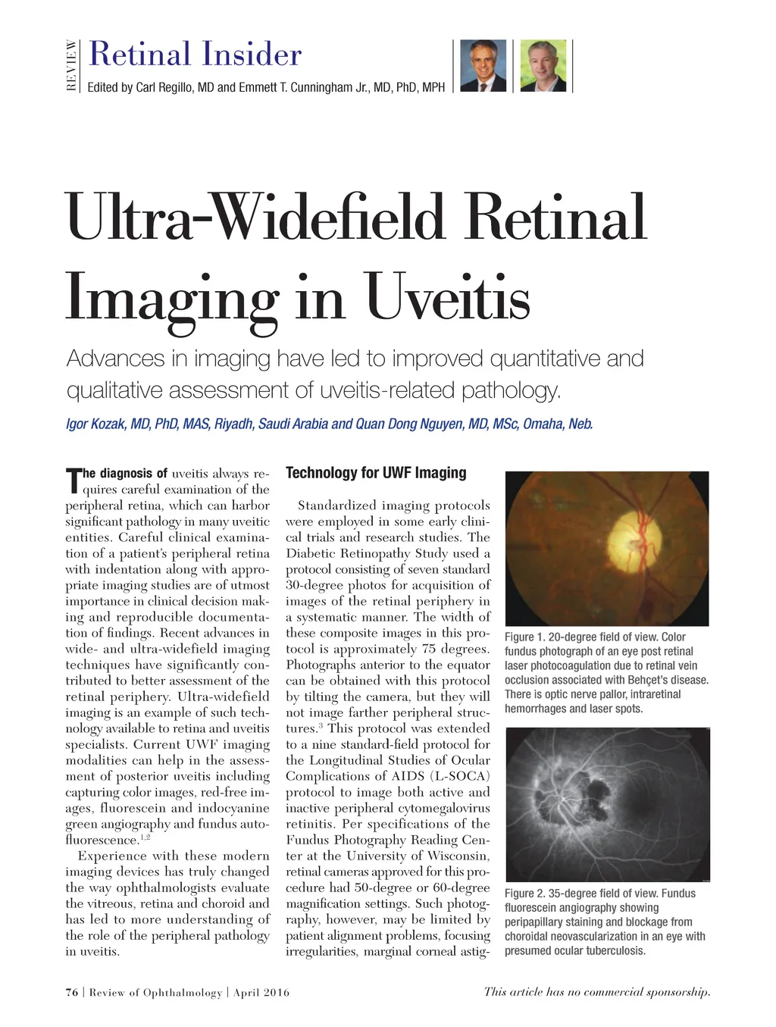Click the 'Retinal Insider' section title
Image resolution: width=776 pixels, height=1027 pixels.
[195, 55]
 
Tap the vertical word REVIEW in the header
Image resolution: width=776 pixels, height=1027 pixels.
[71, 65]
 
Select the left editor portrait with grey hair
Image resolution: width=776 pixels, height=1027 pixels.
[483, 66]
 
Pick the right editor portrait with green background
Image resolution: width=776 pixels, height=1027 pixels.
[543, 66]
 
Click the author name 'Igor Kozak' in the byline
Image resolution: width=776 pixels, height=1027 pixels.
[96, 424]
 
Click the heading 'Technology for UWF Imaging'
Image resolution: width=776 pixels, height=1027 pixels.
[376, 473]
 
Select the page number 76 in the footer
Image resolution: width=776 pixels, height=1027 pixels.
[72, 992]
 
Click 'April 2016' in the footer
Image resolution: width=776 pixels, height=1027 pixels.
[261, 992]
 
